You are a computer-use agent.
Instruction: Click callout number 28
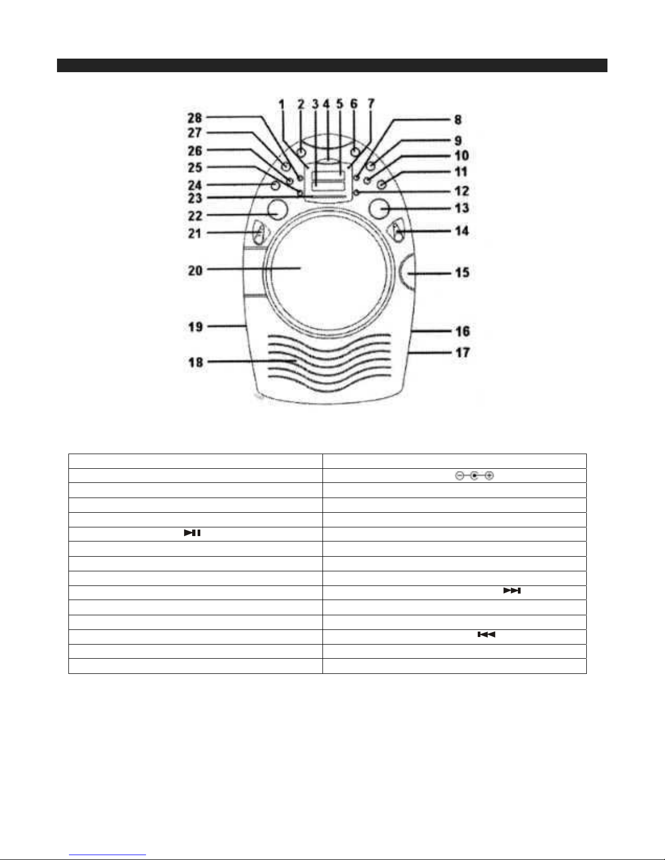195,118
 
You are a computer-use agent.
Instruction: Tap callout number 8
458,119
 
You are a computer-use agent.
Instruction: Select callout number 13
461,208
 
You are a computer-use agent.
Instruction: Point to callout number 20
195,270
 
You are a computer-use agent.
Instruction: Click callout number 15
462,272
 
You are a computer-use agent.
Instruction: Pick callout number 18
195,362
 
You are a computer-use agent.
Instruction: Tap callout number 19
195,327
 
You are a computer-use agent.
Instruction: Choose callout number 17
463,352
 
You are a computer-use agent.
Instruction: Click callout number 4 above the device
326,104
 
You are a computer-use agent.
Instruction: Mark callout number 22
195,216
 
